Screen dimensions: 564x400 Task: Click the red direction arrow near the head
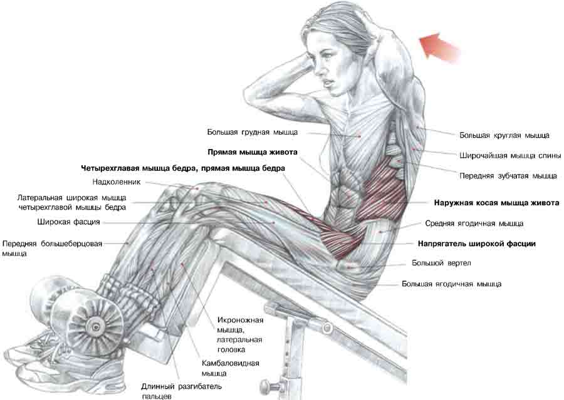[439, 47]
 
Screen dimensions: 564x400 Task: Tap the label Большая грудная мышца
[252, 132]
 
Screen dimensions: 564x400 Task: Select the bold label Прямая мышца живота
[253, 152]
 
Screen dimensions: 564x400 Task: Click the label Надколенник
[117, 182]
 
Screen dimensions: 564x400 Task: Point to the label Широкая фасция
[68, 222]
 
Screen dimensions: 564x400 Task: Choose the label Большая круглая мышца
[504, 135]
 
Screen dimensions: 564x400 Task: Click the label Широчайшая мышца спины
[510, 156]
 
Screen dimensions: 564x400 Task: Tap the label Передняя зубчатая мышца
[508, 176]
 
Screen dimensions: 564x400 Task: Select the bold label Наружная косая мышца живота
[496, 203]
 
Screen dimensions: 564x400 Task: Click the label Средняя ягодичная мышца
[474, 223]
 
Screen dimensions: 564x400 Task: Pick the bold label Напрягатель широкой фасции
[477, 244]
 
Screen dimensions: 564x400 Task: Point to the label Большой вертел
[441, 263]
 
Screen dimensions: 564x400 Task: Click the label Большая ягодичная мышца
[451, 284]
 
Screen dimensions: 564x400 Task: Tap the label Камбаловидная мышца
[230, 368]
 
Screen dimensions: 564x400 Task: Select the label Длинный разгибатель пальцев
[181, 391]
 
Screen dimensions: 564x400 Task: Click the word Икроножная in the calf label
[240, 320]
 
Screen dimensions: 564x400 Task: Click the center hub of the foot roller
[96, 327]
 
